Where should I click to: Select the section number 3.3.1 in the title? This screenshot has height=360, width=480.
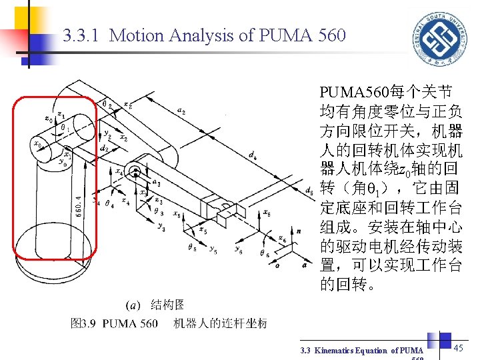(82, 35)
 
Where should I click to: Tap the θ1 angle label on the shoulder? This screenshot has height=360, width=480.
(65, 125)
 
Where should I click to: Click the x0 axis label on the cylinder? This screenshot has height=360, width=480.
(37, 143)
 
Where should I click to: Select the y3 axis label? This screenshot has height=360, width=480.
(161, 228)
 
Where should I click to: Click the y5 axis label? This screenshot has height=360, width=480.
(213, 251)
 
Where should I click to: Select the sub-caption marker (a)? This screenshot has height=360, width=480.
(133, 305)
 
